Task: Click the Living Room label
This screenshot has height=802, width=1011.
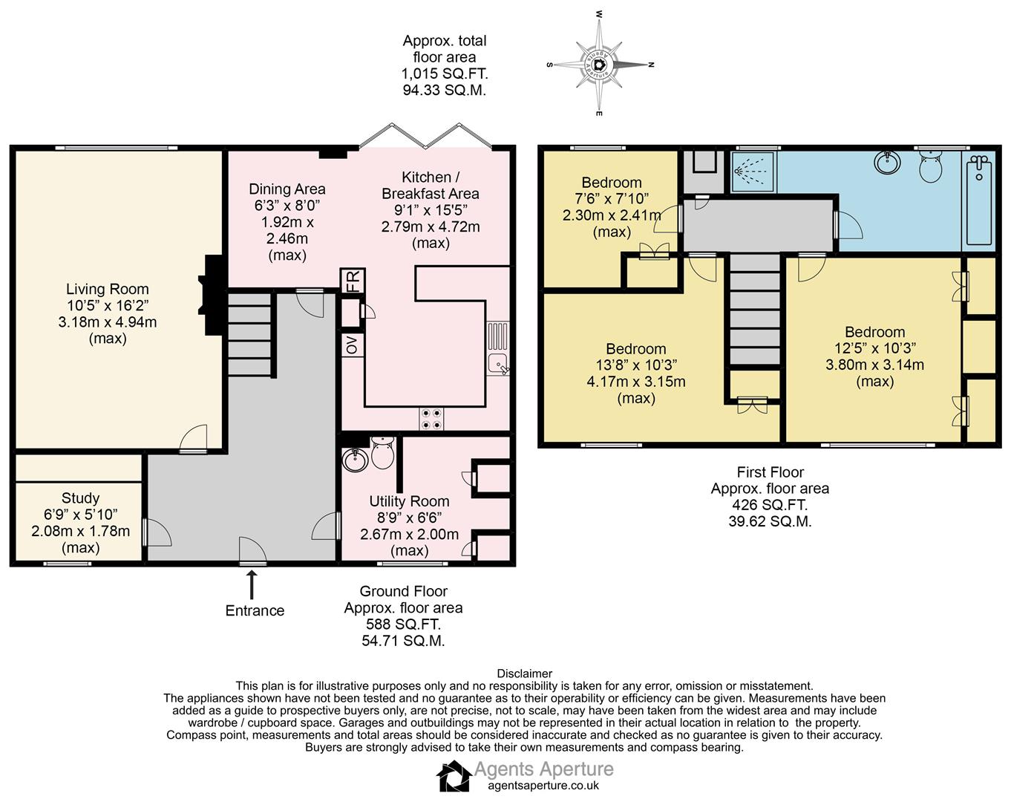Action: point(107,289)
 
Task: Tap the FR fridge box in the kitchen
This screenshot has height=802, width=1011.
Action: point(353,281)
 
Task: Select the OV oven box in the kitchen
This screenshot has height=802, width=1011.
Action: point(353,345)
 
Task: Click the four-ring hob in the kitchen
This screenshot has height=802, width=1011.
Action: point(431,419)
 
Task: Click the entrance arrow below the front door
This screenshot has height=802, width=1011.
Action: point(252,584)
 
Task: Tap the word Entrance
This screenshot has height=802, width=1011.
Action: point(255,610)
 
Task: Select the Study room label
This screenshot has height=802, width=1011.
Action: point(80,498)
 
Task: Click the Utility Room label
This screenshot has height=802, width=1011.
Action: point(409,501)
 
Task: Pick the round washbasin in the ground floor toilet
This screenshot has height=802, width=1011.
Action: point(355,459)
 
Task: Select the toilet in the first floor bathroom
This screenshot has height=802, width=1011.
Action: point(930,167)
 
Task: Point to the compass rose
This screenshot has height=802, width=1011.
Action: point(600,65)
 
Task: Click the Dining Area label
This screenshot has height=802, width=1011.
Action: point(287,189)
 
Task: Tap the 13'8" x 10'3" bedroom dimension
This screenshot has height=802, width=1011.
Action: point(636,365)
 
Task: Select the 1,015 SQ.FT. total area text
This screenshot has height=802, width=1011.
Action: point(445,74)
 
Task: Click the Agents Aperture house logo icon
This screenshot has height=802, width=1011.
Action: point(454,776)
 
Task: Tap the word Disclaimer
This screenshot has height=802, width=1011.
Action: point(524,674)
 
